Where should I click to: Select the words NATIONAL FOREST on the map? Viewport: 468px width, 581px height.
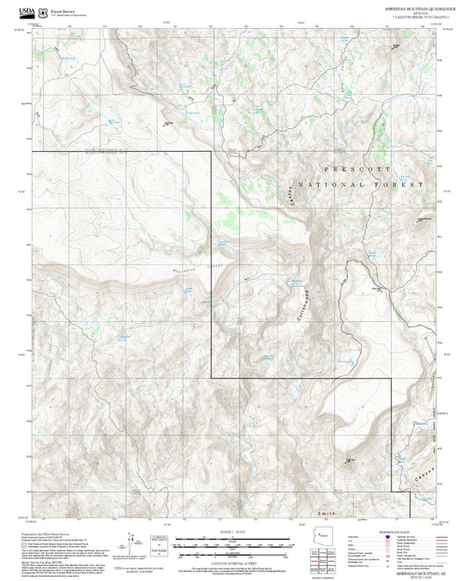(361, 185)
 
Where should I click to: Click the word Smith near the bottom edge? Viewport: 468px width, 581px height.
(329, 509)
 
